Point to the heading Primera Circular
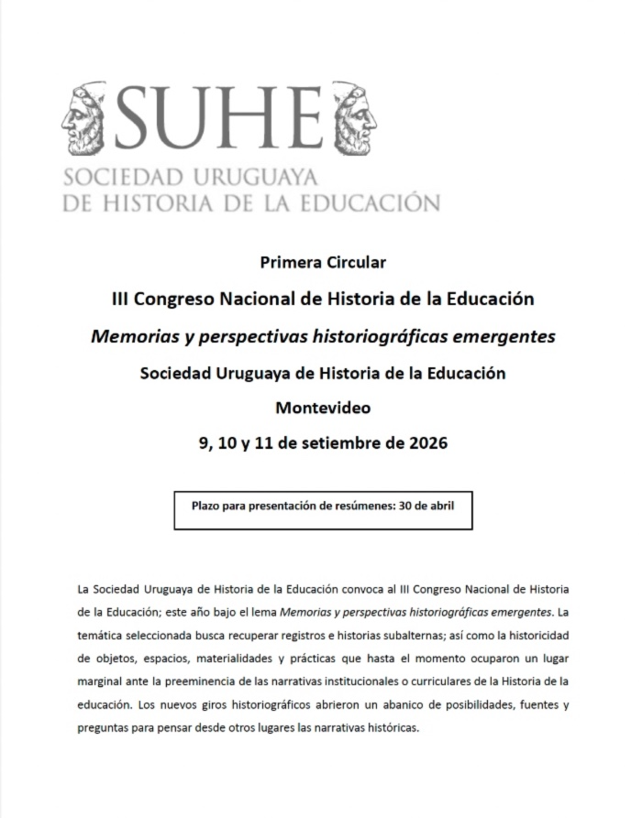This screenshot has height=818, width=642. pos(323,263)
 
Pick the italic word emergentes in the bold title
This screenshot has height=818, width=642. pos(504,336)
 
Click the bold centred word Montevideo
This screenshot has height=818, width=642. pos(323,408)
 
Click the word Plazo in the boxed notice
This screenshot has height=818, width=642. pos(207,504)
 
